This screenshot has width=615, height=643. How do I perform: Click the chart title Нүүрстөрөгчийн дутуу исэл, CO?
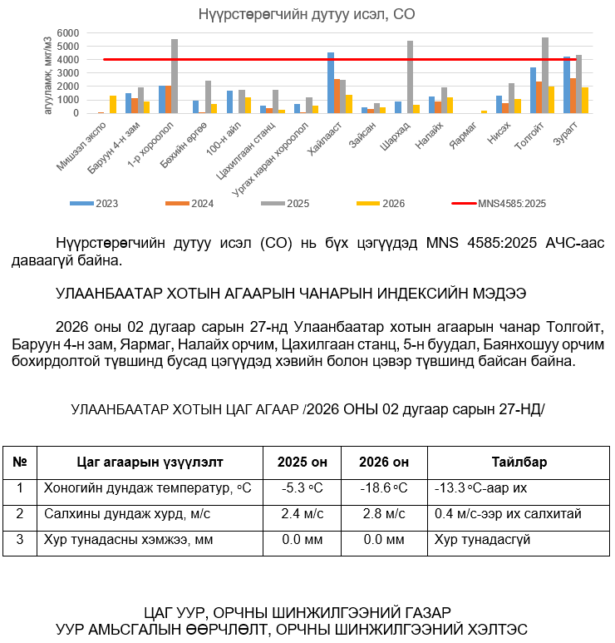307,14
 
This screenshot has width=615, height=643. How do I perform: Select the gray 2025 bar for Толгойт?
545,76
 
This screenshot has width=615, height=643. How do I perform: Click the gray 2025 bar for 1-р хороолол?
175,77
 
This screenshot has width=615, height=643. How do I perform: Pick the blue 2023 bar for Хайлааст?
331,83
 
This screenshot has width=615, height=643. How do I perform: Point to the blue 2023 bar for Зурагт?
567,85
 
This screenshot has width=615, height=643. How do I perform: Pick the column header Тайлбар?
519,462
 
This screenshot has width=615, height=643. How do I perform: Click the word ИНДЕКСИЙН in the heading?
391,294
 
